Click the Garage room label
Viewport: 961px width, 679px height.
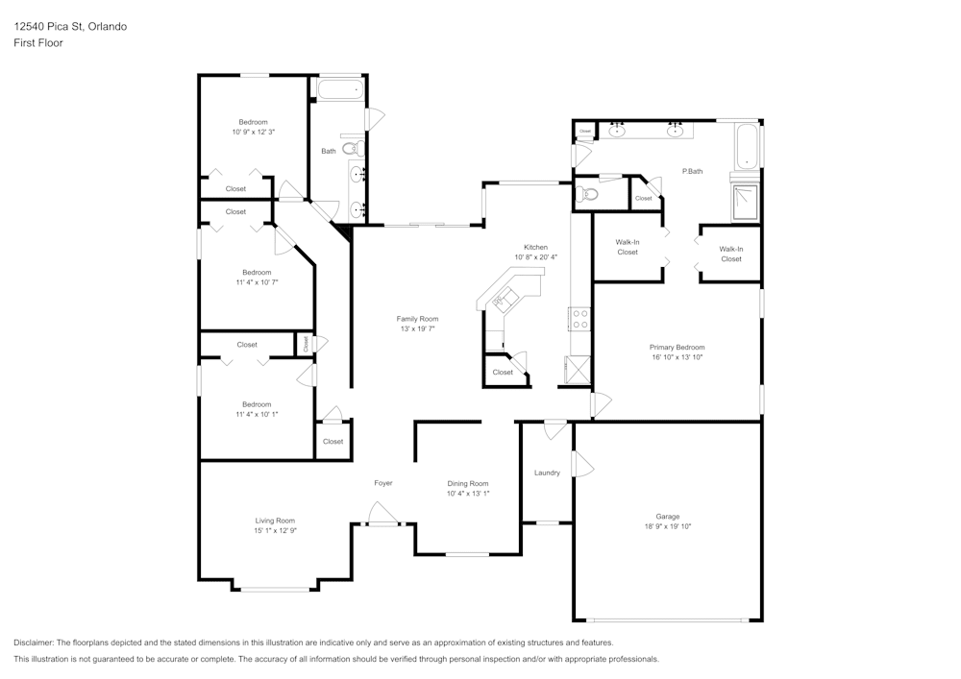668,516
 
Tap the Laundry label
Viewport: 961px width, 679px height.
547,473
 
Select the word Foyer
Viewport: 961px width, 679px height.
382,483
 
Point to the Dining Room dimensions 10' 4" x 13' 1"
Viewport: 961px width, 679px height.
468,494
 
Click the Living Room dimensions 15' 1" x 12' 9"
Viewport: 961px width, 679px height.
275,530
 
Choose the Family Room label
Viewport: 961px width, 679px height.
417,319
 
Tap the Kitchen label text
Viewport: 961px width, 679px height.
535,247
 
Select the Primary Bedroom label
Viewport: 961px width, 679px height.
677,348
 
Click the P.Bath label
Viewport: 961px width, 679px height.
693,171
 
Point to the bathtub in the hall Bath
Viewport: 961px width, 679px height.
340,91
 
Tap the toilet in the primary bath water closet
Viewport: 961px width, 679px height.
588,194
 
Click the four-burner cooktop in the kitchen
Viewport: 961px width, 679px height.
580,318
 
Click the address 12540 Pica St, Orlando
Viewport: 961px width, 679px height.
70,27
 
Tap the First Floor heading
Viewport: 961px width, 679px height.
38,43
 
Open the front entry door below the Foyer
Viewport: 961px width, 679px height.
383,522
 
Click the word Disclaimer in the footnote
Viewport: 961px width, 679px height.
35,643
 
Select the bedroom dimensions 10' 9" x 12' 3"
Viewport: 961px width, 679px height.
254,132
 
